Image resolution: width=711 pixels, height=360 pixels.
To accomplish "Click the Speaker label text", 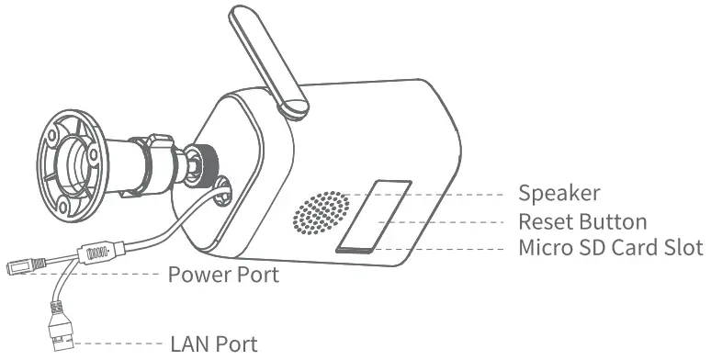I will [x=559, y=194].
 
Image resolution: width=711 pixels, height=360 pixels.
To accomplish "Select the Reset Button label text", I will [x=582, y=221].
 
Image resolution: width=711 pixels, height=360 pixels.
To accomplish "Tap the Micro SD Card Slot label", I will [x=610, y=248].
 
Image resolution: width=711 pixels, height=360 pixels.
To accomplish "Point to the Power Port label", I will [x=223, y=274].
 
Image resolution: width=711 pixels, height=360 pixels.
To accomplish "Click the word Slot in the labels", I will [x=683, y=248].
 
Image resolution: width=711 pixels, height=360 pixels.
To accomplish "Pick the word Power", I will [x=196, y=274].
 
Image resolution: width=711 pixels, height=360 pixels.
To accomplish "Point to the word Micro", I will [x=544, y=248].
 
